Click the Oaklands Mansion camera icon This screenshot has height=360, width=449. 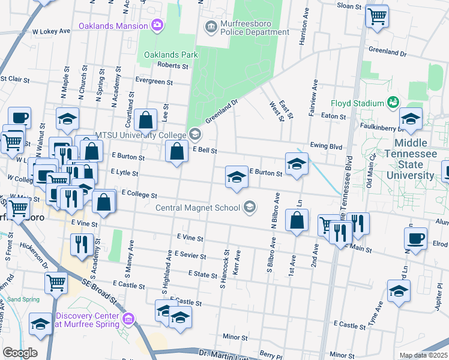click(157, 25)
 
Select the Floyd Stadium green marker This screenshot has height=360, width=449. click(393, 103)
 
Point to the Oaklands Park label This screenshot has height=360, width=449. click(170, 55)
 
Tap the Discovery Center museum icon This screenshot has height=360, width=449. click(128, 317)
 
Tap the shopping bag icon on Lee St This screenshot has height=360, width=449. click(146, 120)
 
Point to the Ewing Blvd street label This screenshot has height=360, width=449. click(326, 145)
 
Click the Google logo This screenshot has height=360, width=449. click(20, 353)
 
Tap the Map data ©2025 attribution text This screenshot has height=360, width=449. click(424, 355)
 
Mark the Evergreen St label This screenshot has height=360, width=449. click(154, 82)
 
